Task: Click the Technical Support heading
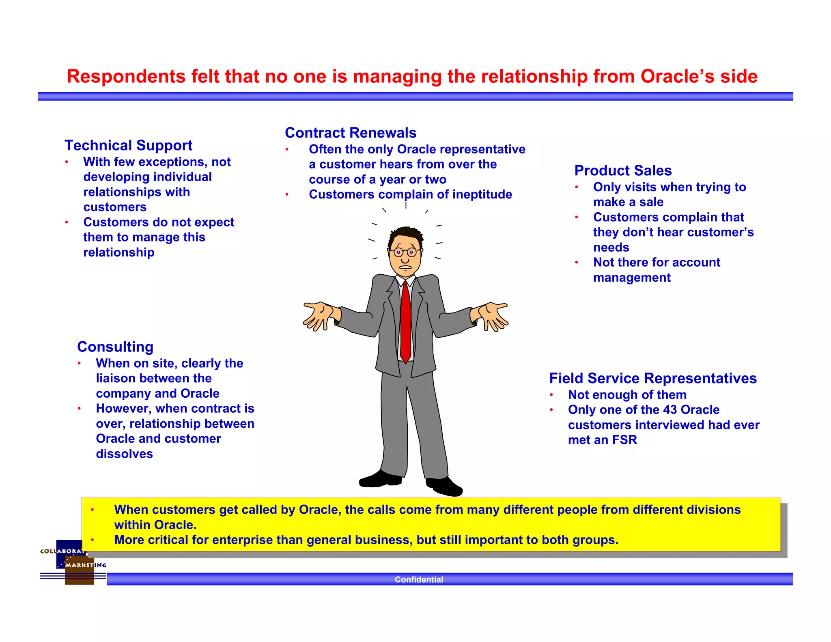128,145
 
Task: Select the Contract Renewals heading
351,133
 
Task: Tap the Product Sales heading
623,170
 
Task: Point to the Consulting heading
115,347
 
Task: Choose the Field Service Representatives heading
653,378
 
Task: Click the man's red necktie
406,321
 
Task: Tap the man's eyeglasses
405,252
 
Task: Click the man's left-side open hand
318,315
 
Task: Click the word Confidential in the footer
419,580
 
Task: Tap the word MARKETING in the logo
86,565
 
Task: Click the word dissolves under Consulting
124,454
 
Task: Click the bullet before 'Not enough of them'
551,395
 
